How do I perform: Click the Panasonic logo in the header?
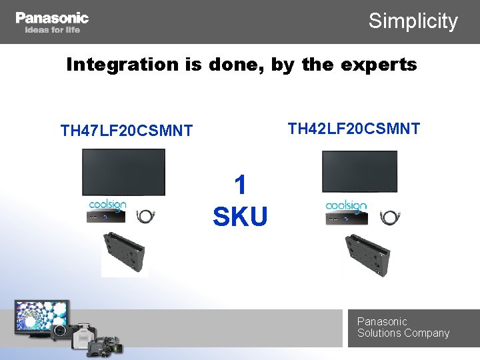52,17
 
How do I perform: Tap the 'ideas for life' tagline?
52,30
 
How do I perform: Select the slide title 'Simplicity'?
413,21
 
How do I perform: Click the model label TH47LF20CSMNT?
127,130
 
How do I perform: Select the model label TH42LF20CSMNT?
354,128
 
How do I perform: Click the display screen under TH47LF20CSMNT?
123,172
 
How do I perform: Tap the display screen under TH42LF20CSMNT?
359,171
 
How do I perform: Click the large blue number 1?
241,185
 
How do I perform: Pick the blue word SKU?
240,217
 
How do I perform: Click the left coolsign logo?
108,205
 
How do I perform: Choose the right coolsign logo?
346,206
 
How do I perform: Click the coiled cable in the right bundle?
387,217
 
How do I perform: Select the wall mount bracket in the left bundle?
125,254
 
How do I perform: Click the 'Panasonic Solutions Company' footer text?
403,327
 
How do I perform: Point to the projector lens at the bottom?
60,331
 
